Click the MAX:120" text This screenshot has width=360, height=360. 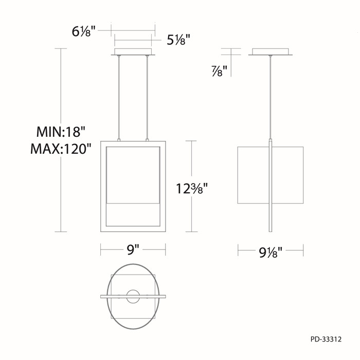coord(60,150)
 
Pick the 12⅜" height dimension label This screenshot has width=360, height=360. coord(195,189)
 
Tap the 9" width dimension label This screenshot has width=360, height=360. coord(133,250)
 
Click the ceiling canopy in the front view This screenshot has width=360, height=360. coord(133,52)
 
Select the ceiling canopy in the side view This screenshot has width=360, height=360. coord(270,52)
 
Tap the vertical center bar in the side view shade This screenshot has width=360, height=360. coord(270,185)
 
